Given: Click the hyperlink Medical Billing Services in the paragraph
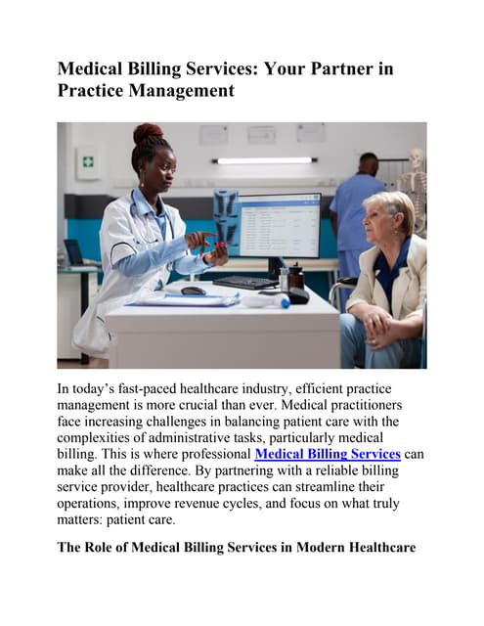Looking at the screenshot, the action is click(328, 454).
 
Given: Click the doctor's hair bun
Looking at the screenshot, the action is click(147, 134).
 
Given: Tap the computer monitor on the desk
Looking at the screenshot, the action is click(279, 225).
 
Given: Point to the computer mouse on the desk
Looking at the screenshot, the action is click(194, 291).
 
